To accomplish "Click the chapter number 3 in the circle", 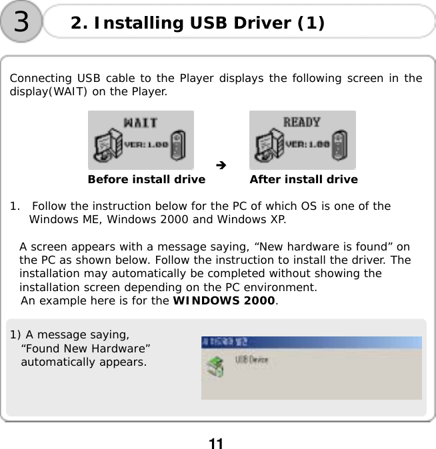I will tap(21, 22).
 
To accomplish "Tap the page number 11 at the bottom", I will tap(215, 443).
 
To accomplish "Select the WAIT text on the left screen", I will tap(141, 123).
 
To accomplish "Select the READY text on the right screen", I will tap(302, 123).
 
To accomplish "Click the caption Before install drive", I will tap(147, 179).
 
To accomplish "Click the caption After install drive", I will tap(303, 179).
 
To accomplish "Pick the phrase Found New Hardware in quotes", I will tap(85, 349).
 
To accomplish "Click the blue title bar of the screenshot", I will tap(311, 342).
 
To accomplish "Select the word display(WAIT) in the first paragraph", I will tap(43, 91).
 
